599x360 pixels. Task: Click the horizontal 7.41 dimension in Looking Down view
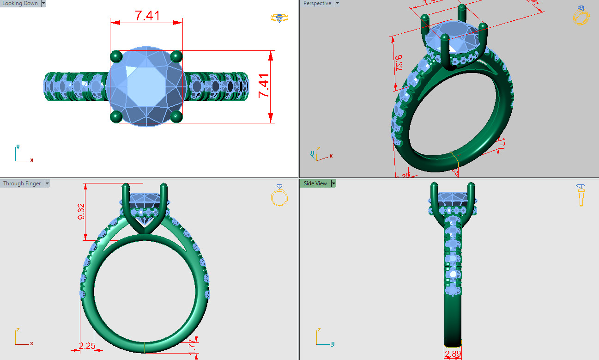[147, 16]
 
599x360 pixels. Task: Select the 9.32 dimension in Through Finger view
[81, 211]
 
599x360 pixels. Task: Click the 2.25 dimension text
[87, 346]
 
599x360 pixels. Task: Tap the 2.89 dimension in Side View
[453, 354]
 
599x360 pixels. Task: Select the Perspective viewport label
[317, 3]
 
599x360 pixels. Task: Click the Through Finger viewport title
[22, 183]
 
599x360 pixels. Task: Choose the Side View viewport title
[315, 183]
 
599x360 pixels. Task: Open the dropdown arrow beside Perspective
[337, 3]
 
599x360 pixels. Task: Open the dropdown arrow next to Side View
[333, 183]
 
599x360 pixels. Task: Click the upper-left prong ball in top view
[116, 56]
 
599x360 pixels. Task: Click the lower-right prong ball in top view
[176, 116]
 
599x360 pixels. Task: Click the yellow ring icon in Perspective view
[581, 15]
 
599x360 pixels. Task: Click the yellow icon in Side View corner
[581, 195]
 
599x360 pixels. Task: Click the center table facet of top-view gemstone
[146, 86]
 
